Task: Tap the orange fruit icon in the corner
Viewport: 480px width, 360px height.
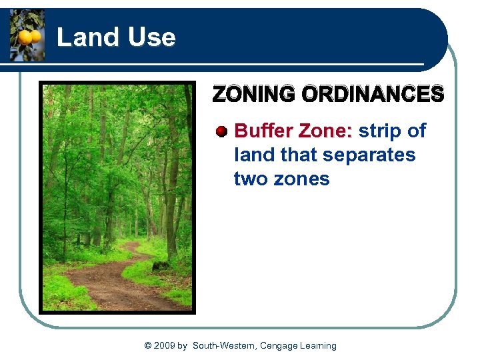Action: (27, 36)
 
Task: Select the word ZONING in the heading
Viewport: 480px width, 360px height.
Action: (254, 95)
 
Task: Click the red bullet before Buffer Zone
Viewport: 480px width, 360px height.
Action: (222, 131)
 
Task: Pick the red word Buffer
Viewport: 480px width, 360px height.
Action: (265, 131)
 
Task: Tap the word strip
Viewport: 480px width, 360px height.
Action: (380, 131)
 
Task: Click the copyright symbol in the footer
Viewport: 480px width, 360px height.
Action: (147, 345)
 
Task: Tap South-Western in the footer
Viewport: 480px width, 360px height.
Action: (224, 345)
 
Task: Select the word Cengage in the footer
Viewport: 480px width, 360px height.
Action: (281, 345)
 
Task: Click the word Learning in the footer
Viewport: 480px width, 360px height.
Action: (320, 345)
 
